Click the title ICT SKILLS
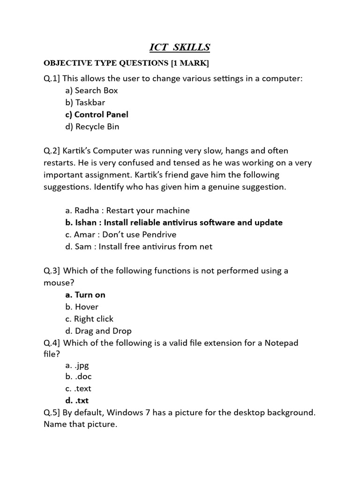click(x=180, y=47)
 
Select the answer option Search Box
click(x=92, y=90)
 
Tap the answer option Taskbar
click(x=85, y=103)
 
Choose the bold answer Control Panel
click(x=97, y=114)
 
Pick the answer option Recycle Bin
click(x=92, y=127)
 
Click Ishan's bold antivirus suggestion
click(x=174, y=223)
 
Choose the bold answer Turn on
click(x=85, y=295)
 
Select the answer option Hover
click(x=82, y=307)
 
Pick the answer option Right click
click(x=90, y=319)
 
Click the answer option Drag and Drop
click(x=98, y=331)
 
